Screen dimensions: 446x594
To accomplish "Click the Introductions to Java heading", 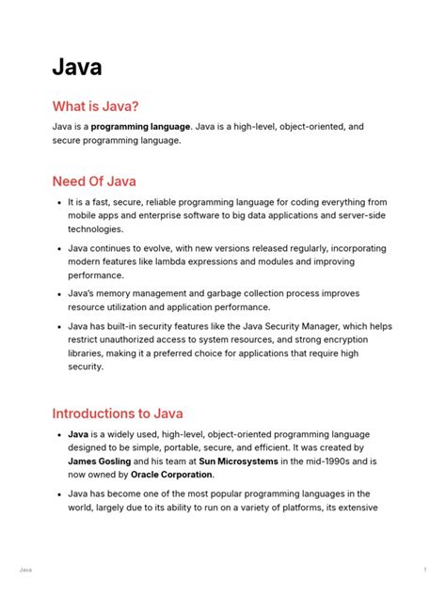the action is (118, 413).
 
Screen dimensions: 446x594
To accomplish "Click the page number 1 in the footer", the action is (425, 570).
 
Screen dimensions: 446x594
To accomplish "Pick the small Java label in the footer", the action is (24, 570).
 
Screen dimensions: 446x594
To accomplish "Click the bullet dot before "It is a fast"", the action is (59, 202).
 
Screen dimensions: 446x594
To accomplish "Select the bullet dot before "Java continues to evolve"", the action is (59, 249).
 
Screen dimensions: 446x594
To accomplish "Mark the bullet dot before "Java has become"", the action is (59, 493).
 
